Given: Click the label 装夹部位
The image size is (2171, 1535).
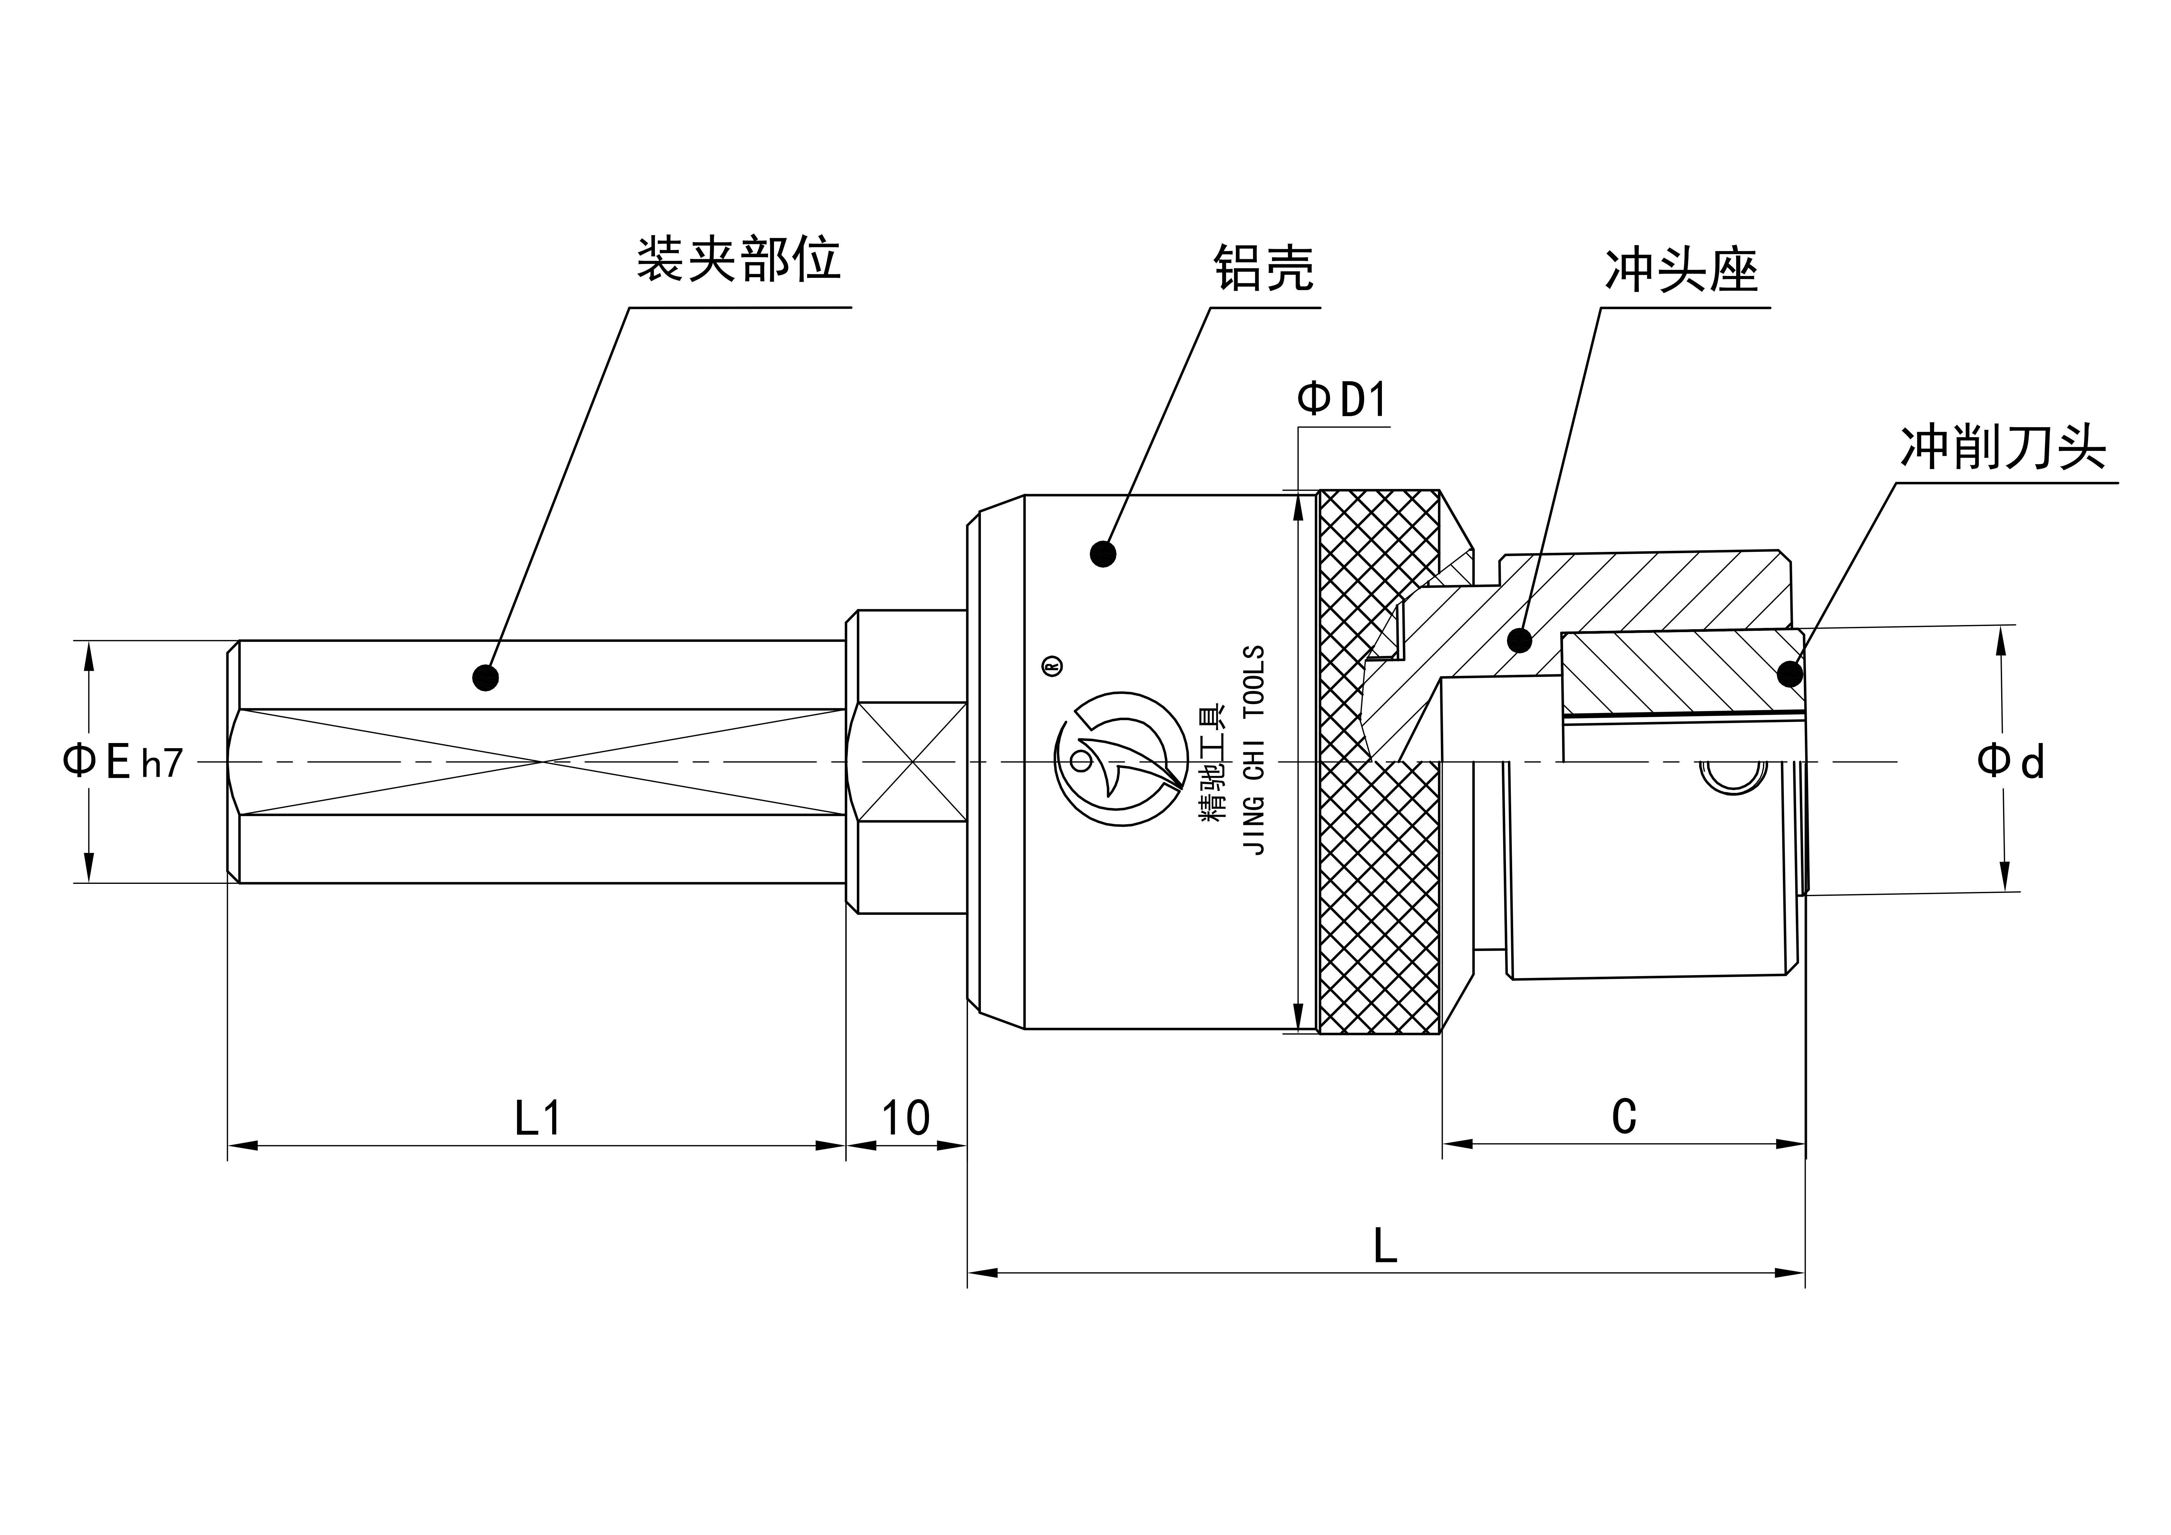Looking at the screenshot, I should [x=738, y=258].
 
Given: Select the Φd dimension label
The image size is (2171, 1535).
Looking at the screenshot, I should [x=2010, y=761].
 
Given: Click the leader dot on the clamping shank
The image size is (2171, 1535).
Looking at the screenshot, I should [x=485, y=677].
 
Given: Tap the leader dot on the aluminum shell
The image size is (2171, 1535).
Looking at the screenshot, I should [x=1102, y=553].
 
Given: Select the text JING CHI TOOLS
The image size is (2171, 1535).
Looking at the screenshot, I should [x=1256, y=750].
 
